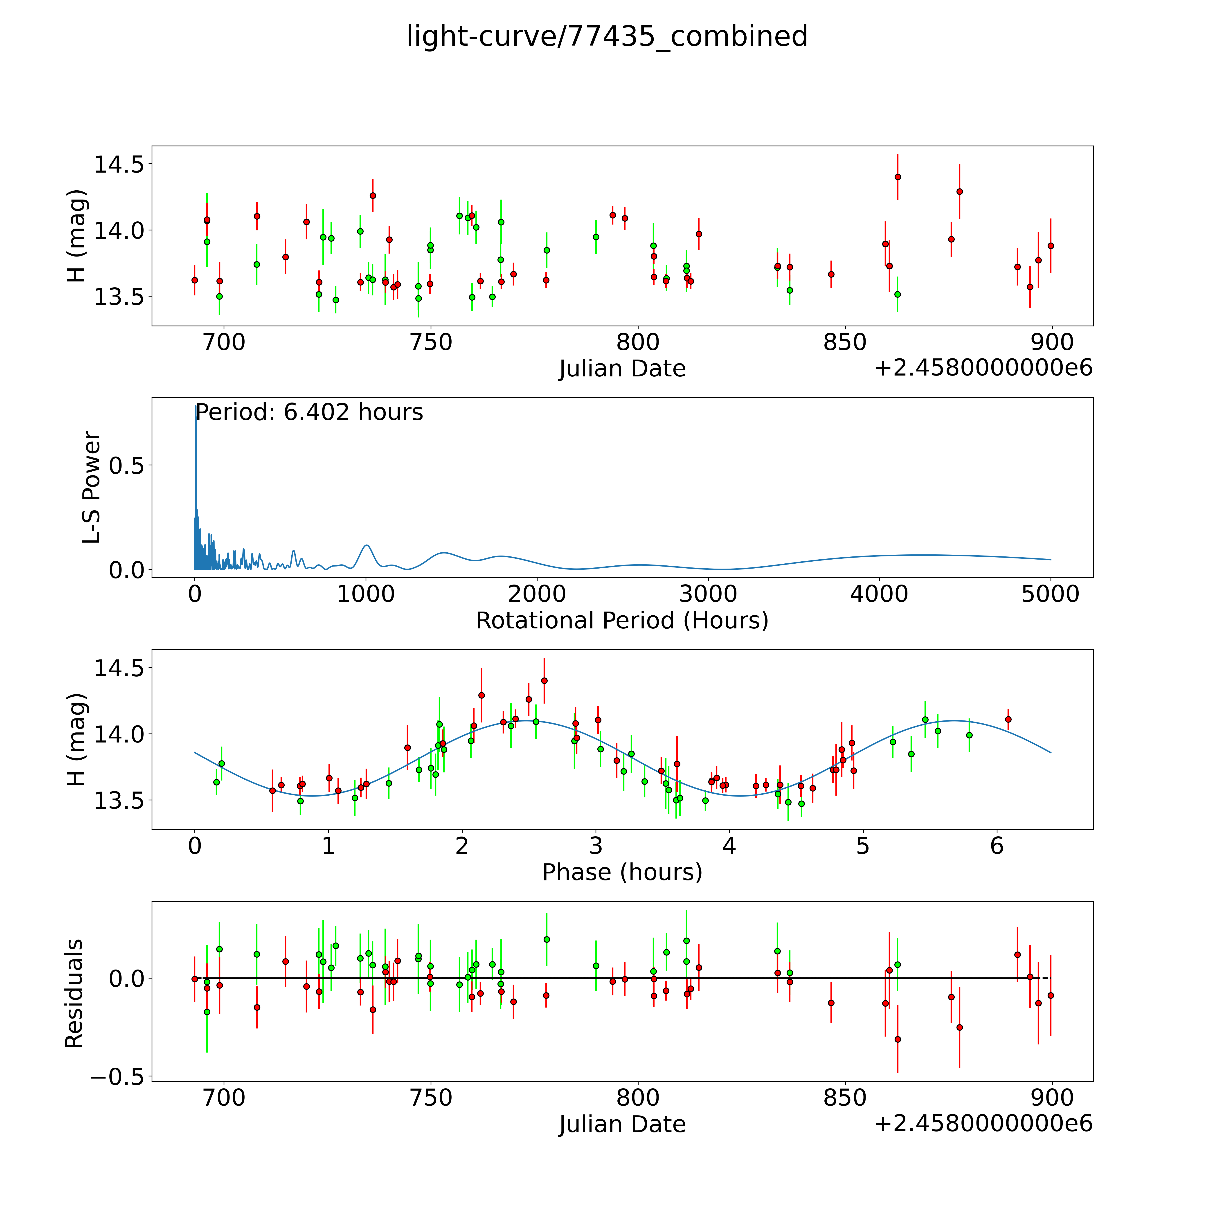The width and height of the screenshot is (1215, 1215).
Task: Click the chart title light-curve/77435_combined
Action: point(607,36)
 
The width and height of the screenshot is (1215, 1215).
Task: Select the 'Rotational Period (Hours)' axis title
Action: point(622,621)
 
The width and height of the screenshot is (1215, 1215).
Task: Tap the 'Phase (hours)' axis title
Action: point(622,872)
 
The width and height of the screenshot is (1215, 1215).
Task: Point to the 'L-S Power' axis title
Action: point(92,487)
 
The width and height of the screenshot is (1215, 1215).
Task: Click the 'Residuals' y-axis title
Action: point(74,994)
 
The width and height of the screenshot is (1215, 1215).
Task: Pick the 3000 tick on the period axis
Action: point(708,594)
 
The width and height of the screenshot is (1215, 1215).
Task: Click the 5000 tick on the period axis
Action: point(1050,594)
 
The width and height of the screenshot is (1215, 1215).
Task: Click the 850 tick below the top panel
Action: point(845,343)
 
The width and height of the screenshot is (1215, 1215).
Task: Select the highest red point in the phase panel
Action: point(544,680)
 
